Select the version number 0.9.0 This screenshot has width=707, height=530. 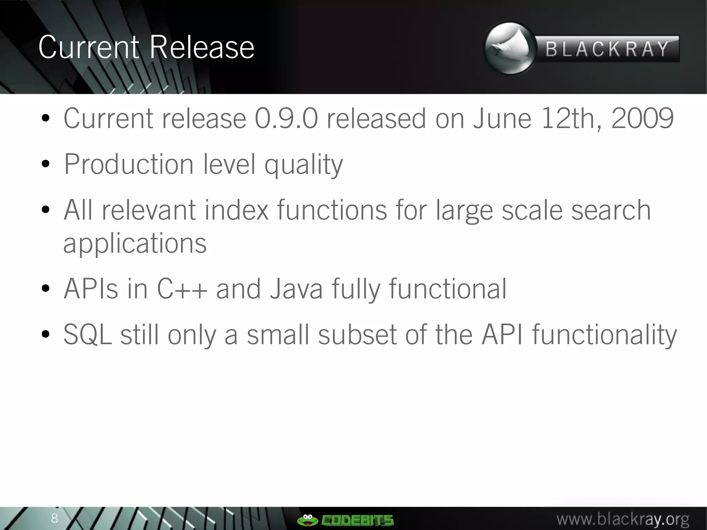tap(286, 118)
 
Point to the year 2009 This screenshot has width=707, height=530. tap(642, 118)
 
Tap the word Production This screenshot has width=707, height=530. tap(129, 164)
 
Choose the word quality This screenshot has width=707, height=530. tap(303, 165)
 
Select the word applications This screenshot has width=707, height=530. tap(135, 244)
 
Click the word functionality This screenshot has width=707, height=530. tap(604, 335)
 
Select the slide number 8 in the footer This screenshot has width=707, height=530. tap(55, 518)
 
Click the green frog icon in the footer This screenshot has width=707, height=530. tap(307, 519)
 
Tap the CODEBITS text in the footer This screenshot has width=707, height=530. tap(357, 520)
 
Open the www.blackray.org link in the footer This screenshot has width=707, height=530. tap(623, 519)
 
